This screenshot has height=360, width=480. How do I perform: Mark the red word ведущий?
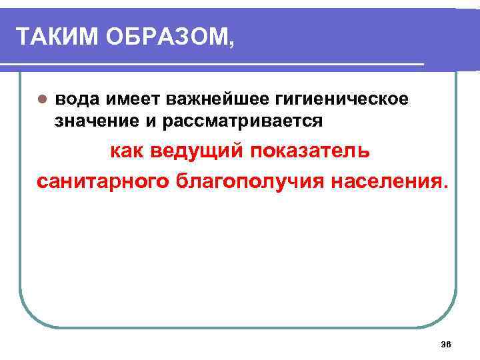(199, 151)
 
